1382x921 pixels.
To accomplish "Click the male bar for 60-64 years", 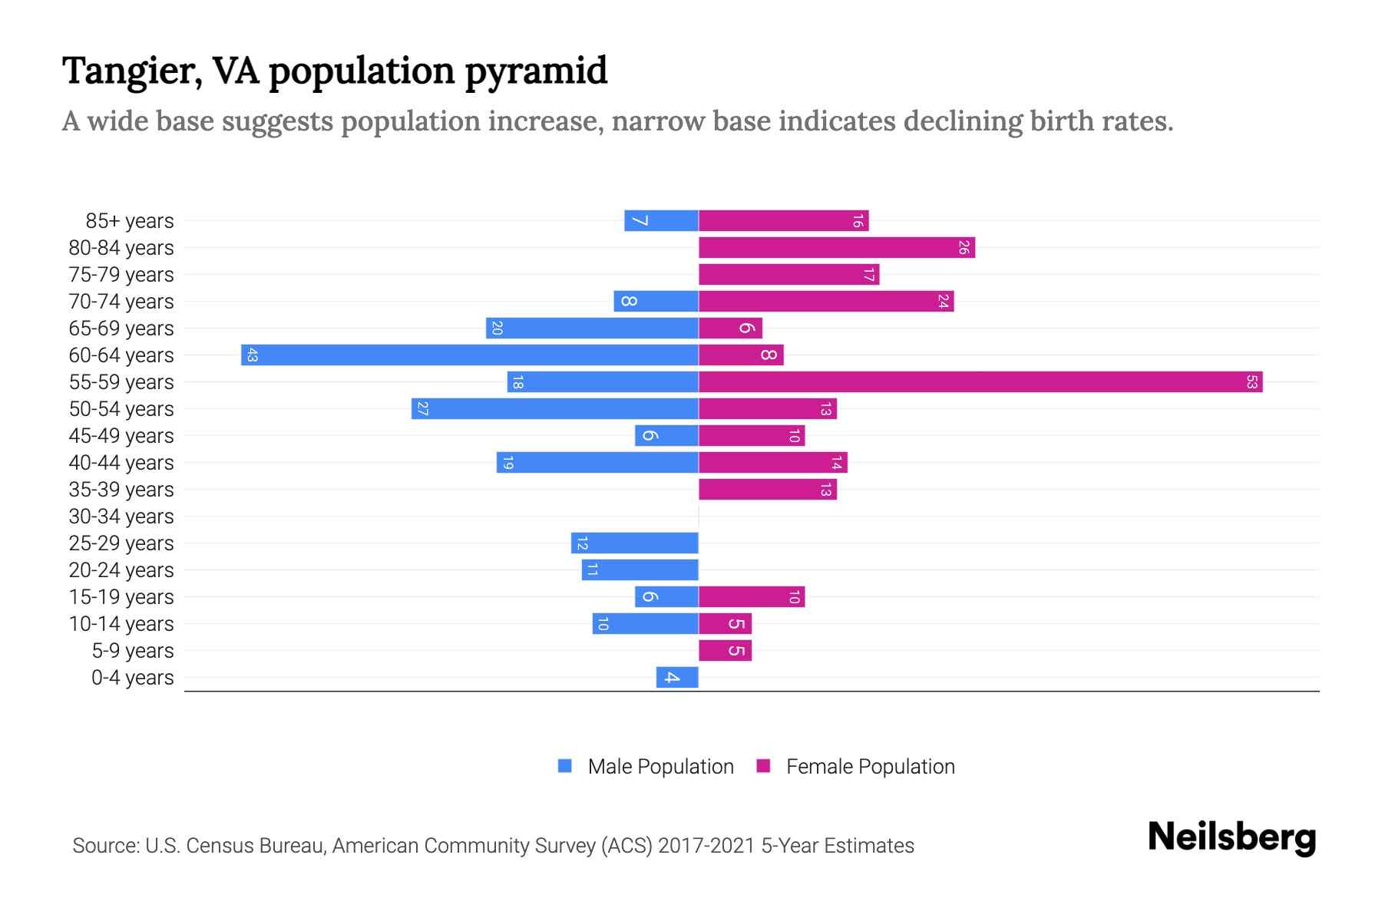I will (x=470, y=355).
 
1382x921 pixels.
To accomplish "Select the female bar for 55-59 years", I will (x=980, y=381).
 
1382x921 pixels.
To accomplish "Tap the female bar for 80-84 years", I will (x=837, y=247).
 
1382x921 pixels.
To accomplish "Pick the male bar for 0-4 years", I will (x=677, y=677).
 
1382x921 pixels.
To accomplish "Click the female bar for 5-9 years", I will (x=725, y=650).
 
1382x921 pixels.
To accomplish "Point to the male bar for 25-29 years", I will (x=635, y=543).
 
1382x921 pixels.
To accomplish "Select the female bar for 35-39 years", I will (x=768, y=489).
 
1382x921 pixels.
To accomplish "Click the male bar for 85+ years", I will (x=661, y=220).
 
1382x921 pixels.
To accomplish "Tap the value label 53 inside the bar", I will (x=1251, y=381).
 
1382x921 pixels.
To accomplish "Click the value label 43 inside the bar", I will (x=252, y=355).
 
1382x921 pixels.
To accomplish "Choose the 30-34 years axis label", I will (x=121, y=517).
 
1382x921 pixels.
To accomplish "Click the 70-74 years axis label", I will (x=121, y=302).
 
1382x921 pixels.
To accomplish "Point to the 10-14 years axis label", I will (x=121, y=624).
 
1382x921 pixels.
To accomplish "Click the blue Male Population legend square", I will (x=565, y=766).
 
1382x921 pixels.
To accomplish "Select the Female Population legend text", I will (x=870, y=766).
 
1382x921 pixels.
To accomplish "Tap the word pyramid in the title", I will (x=536, y=71).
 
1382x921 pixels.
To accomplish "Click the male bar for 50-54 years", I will (x=555, y=408).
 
